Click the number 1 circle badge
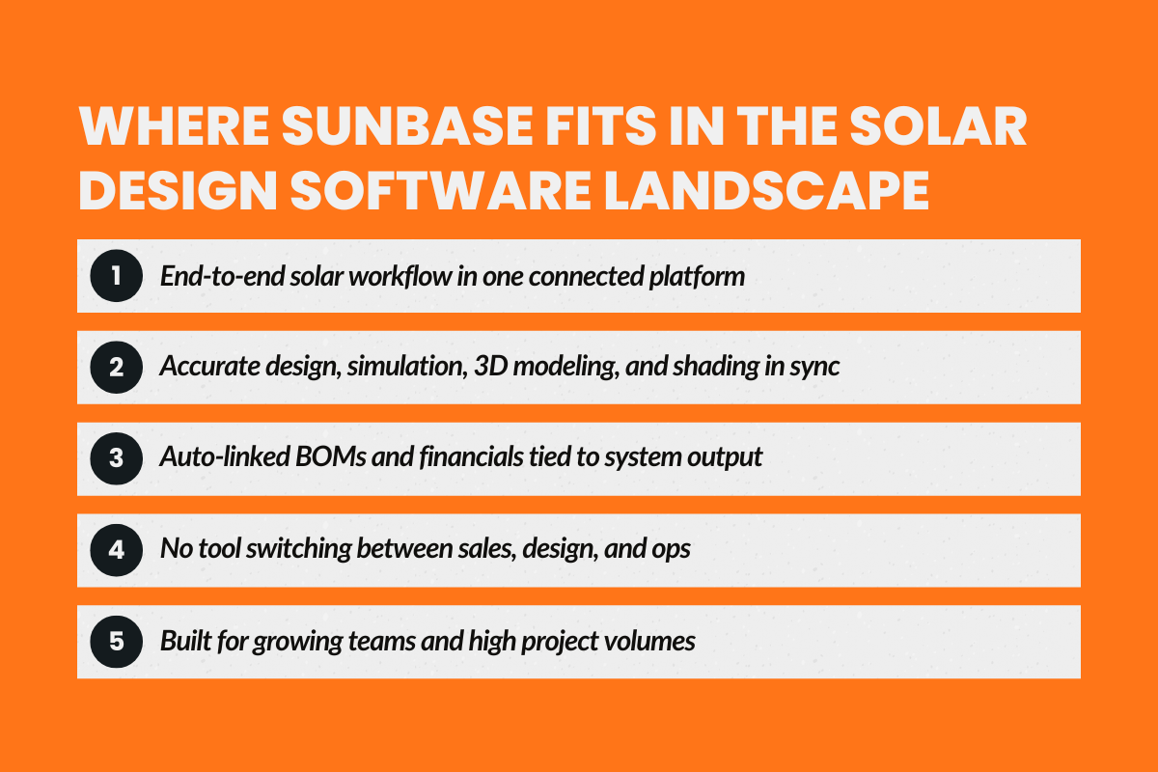[x=116, y=276]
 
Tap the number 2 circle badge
[x=116, y=368]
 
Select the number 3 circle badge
[x=116, y=458]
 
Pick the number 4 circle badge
[x=116, y=550]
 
